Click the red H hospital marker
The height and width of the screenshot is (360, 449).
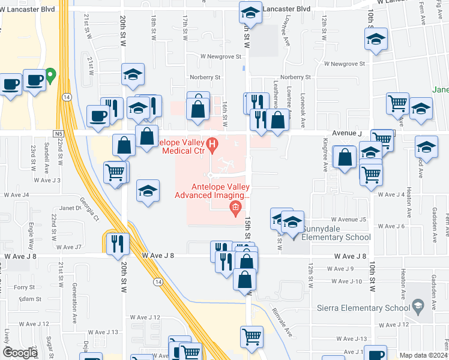pos(211,145)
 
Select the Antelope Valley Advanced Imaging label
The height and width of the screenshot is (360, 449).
pos(212,190)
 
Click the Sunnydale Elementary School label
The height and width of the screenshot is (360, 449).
pos(336,233)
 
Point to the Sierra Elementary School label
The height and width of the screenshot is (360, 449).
pos(359,308)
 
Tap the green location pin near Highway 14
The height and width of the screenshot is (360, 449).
pos(51,76)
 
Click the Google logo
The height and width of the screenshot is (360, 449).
pos(20,353)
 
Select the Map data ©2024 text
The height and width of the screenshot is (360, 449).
pos(423,355)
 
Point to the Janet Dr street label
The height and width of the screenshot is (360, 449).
pos(70,208)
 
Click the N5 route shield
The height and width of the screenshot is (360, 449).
pos(58,133)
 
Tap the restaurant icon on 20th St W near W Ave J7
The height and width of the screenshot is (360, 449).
pos(116,243)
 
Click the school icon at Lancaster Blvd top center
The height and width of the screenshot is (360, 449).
pos(250,12)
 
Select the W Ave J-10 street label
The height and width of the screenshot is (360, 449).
pos(346,281)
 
